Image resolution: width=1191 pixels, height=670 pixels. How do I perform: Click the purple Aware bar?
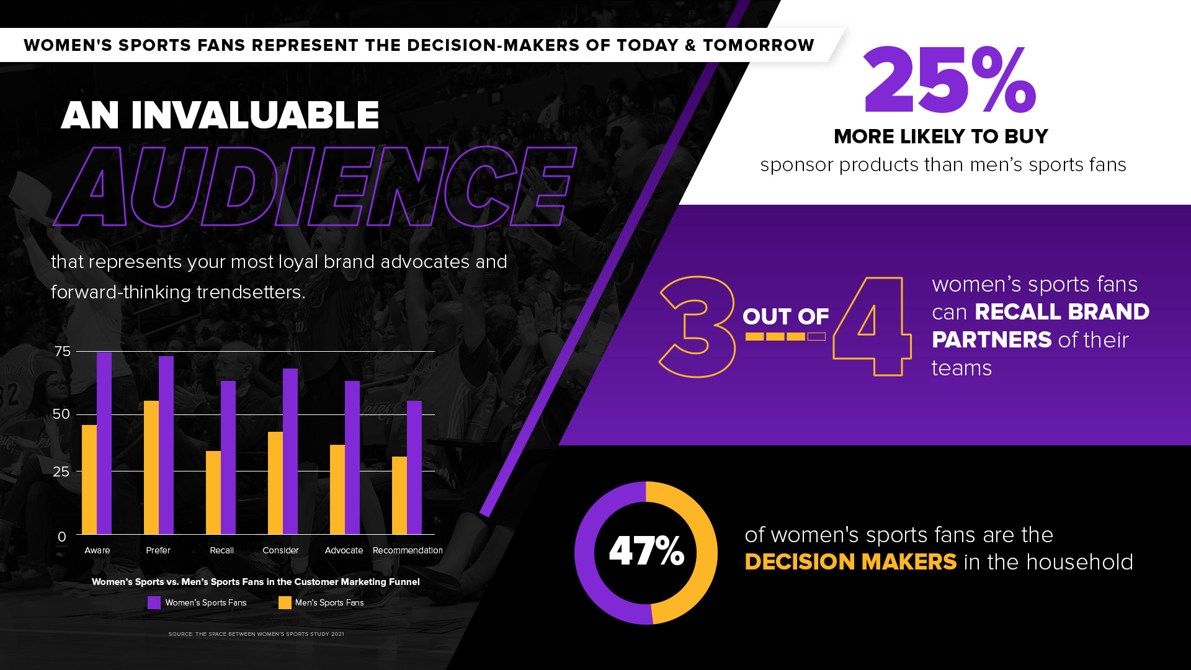104,443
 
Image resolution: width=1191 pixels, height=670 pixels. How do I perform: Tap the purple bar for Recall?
228,457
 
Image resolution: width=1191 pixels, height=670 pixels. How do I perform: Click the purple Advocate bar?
352,457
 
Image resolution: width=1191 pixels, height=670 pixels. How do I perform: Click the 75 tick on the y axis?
63,352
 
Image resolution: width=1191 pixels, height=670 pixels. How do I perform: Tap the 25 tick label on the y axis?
61,471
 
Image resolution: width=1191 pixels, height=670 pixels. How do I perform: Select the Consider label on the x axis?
280,550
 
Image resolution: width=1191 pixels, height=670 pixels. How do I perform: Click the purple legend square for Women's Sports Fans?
154,602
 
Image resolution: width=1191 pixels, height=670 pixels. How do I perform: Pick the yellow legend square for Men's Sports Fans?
285,602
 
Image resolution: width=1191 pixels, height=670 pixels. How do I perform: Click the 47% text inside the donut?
646,551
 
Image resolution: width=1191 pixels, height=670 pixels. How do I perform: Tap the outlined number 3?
697,326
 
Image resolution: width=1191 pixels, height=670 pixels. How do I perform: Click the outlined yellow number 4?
872,326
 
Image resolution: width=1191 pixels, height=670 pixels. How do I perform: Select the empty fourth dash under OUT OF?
816,337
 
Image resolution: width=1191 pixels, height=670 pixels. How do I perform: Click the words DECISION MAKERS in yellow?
850,562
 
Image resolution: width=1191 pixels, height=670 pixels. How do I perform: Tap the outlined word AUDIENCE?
315,186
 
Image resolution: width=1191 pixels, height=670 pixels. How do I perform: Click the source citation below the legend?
256,634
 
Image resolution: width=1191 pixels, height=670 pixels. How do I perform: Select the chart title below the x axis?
256,582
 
